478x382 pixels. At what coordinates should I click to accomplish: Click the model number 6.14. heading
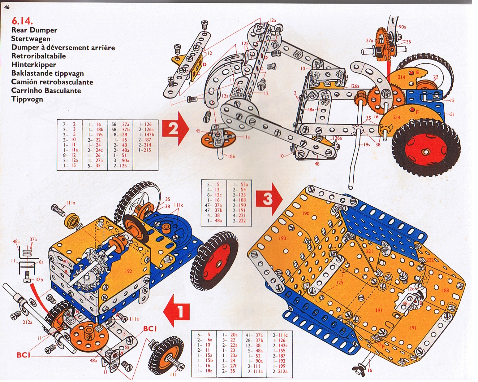pos(22,21)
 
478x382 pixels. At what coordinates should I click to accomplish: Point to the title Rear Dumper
pos(34,30)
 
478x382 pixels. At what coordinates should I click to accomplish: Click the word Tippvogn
pos(27,99)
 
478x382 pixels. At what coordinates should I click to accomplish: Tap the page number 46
pos(7,7)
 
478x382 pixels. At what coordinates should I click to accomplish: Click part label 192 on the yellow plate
pos(128,271)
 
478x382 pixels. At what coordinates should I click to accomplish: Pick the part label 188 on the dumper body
pos(445,290)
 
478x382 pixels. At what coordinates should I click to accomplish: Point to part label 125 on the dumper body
pos(340,282)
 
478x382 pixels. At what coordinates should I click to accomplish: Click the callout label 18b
pos(231,156)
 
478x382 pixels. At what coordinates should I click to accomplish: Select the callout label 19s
pos(366,144)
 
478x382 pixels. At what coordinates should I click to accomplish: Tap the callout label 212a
pos(27,322)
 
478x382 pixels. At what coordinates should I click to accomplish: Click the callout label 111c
pos(179,205)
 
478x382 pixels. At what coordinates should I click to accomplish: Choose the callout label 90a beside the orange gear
pos(402,27)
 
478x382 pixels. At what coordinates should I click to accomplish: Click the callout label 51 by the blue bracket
pos(452,114)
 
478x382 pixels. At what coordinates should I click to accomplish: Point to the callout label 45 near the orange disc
pos(198,131)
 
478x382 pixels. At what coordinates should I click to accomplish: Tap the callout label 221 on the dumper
pos(369,251)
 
